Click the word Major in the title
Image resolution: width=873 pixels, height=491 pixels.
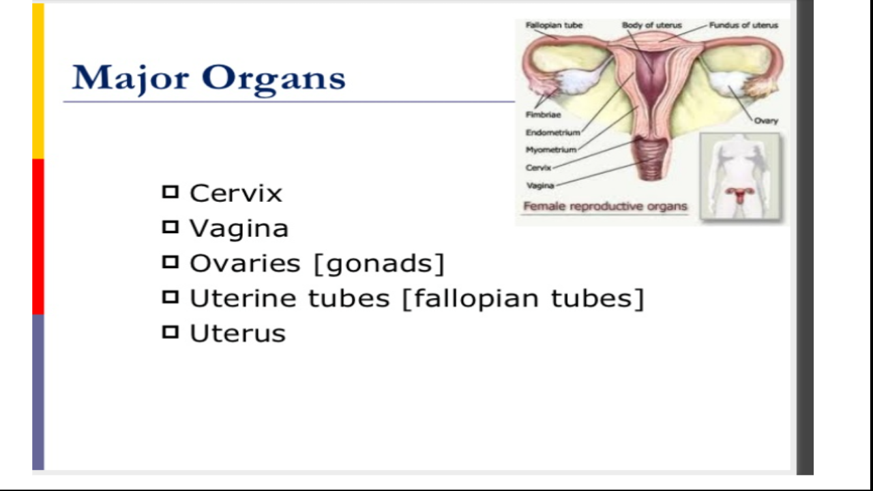pos(130,78)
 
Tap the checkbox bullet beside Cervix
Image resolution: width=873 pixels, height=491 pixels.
pos(170,192)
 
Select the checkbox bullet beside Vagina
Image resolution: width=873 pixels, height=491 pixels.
pos(170,227)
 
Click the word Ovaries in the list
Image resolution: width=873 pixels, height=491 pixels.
pos(245,263)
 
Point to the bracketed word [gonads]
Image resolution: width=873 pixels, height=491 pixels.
pos(379,263)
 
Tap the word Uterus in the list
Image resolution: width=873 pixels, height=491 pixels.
pos(237,333)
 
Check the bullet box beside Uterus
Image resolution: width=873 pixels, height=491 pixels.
pos(170,333)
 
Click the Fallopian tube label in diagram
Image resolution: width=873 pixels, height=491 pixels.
pos(554,25)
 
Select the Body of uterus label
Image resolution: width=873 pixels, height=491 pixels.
pos(651,25)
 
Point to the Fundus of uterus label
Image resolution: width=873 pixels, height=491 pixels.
pos(743,25)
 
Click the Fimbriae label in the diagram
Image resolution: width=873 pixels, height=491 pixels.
pos(543,115)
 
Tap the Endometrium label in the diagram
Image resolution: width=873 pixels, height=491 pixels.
pos(552,132)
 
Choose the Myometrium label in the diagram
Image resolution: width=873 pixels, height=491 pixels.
pos(551,150)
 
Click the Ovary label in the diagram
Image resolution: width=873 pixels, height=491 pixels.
pos(766,121)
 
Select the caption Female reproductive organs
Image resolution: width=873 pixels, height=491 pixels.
pos(605,206)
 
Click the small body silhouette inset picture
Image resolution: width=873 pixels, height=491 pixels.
pos(740,176)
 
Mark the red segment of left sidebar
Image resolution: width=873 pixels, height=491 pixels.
pos(38,236)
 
